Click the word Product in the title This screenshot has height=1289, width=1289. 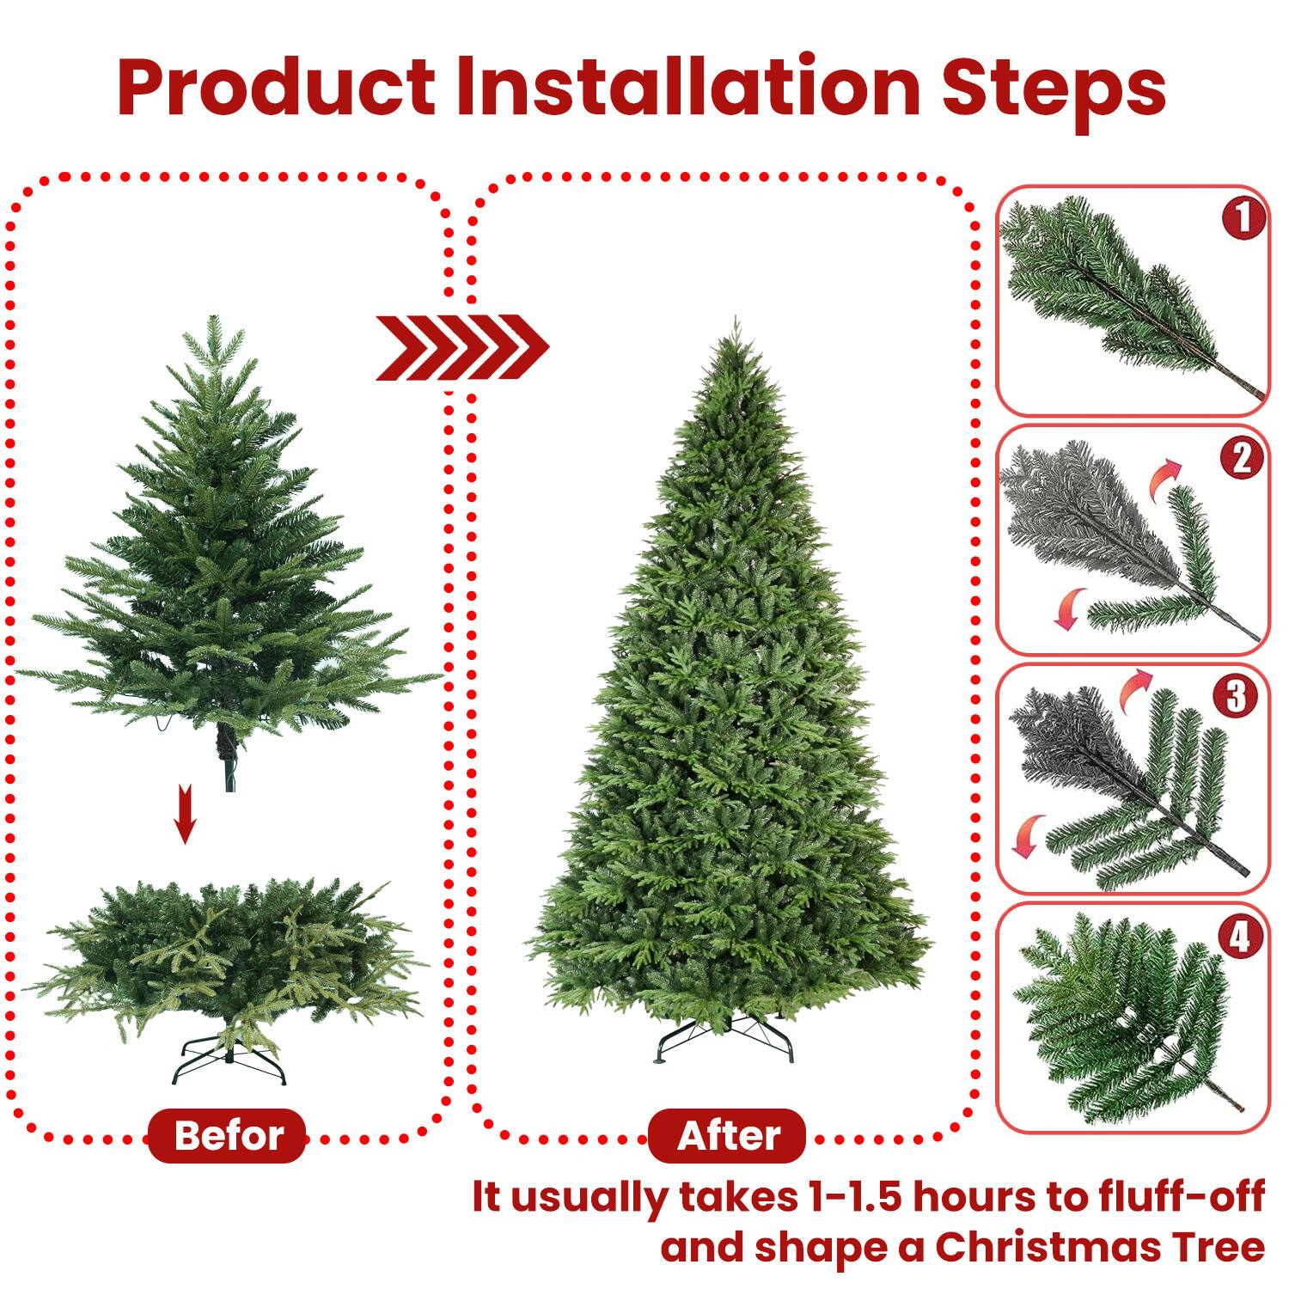click(277, 88)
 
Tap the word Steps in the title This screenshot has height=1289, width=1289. click(1054, 88)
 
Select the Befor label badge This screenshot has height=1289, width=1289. click(228, 1135)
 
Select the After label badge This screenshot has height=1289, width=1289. click(728, 1135)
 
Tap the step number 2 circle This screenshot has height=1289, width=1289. click(1243, 457)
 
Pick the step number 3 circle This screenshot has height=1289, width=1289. click(1236, 696)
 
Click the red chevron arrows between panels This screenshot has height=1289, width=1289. click(461, 347)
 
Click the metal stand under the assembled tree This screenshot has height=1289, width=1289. click(727, 1041)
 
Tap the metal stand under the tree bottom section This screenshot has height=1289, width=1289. click(229, 1060)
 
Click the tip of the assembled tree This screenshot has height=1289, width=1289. click(736, 322)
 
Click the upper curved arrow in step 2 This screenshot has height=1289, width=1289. click(1165, 478)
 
